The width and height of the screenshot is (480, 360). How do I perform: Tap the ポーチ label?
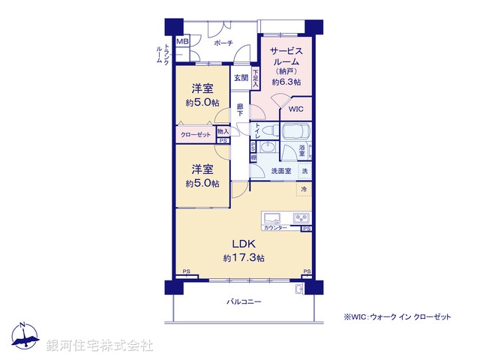(x=223, y=43)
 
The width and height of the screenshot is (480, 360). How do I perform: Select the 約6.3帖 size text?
(x=286, y=82)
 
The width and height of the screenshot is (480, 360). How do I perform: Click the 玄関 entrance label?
(x=240, y=77)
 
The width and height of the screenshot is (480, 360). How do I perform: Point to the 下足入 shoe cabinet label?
(x=255, y=78)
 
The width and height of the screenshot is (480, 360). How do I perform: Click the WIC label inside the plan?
(x=296, y=109)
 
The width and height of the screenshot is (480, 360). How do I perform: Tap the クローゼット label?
(x=196, y=134)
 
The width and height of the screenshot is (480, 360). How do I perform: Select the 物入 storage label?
(x=222, y=131)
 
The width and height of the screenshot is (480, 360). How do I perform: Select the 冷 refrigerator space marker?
(x=304, y=190)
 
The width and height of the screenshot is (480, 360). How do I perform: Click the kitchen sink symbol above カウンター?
(x=271, y=219)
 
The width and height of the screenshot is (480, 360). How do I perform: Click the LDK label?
(x=243, y=244)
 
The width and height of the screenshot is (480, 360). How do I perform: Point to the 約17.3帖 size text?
(x=243, y=258)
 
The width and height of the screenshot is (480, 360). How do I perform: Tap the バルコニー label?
(x=244, y=301)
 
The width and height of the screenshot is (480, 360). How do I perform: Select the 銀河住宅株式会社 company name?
(x=100, y=346)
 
